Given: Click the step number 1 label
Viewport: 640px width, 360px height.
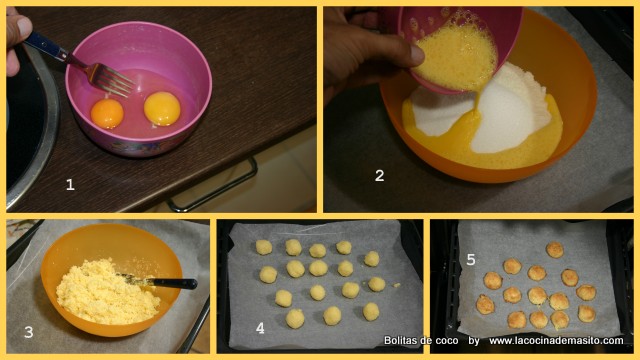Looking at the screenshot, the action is tap(70, 184).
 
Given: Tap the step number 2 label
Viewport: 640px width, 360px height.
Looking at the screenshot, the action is tap(379, 176).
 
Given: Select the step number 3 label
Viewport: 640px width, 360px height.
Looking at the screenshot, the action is tap(29, 332).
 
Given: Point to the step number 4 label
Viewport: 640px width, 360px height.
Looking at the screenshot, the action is tap(260, 328).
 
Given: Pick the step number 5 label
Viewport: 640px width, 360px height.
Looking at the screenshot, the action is tap(471, 259).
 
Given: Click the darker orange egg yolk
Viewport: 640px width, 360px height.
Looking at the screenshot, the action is tap(107, 113).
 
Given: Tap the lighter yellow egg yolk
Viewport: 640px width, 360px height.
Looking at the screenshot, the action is tap(162, 109).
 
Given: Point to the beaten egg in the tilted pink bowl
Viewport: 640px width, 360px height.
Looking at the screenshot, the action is tap(455, 57).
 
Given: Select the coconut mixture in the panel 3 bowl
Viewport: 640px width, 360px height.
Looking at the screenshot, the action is tap(106, 291).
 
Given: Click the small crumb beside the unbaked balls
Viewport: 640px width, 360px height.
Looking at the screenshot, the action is tap(396, 285).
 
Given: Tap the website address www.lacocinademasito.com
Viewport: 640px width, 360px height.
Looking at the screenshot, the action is tap(556, 340).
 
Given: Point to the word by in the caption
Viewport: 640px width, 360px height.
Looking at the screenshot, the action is tap(473, 341).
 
